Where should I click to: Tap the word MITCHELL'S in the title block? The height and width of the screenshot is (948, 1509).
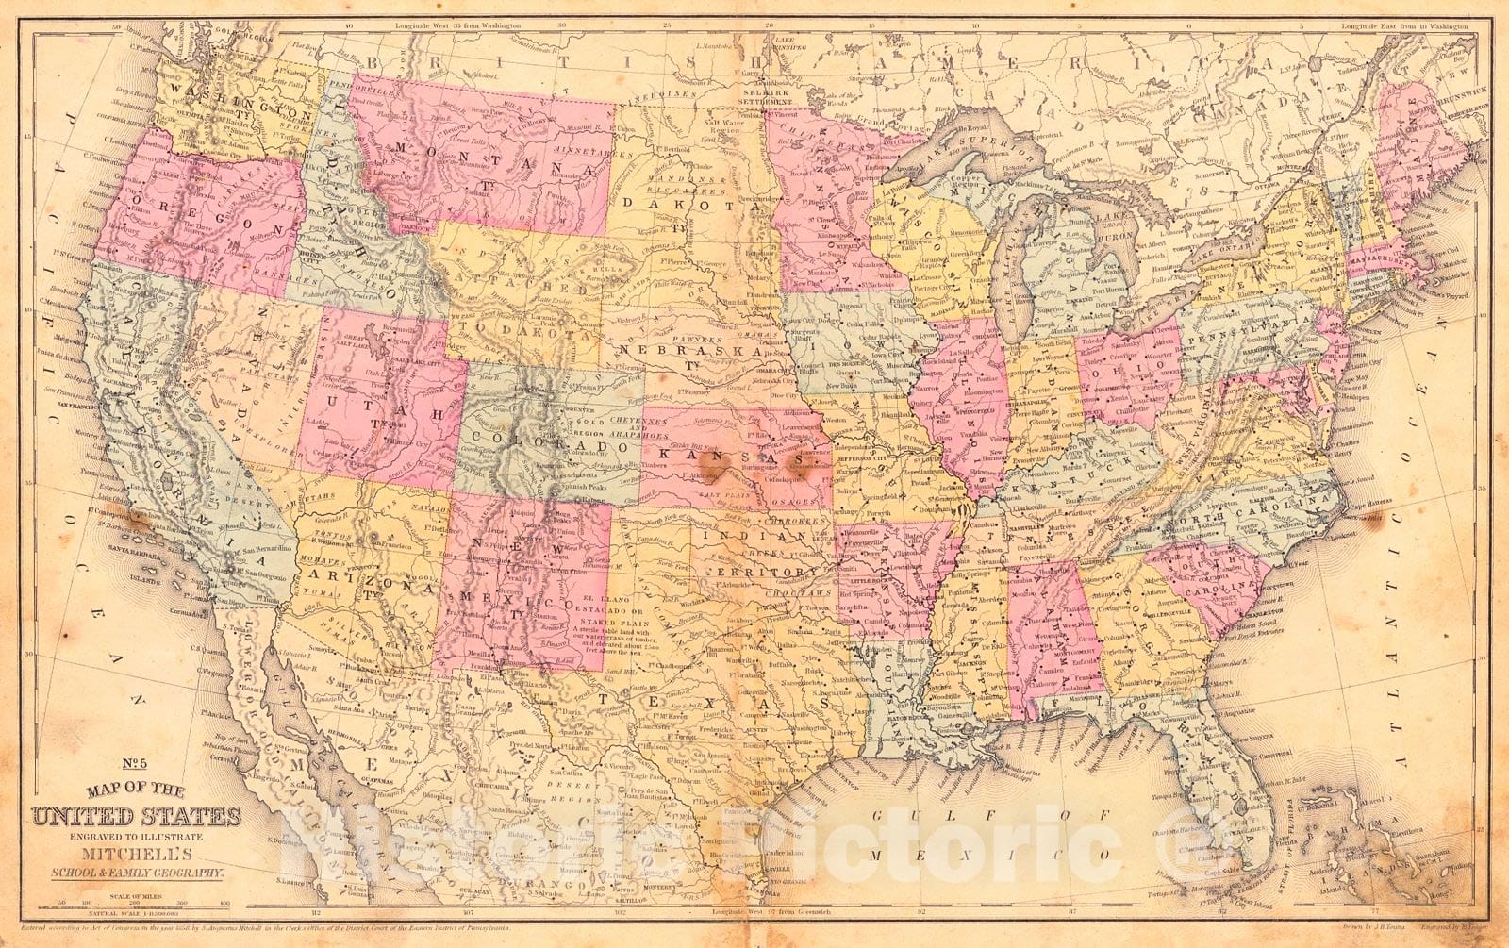click(139, 837)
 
